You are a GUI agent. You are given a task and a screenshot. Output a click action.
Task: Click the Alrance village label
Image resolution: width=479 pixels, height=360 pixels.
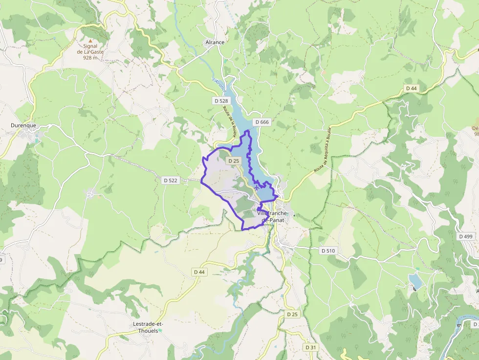tap(215, 42)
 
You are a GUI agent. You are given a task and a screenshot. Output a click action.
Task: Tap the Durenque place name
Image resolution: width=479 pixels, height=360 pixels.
tap(23, 126)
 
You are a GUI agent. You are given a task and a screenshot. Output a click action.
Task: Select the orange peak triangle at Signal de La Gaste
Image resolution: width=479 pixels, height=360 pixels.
tap(89, 41)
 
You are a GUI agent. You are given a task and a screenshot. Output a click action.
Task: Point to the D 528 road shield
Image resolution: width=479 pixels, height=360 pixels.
tap(221, 101)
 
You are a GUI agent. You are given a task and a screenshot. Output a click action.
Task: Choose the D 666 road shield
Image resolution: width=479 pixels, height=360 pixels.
tap(261, 122)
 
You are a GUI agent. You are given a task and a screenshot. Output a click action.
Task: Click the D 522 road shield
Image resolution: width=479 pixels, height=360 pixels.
tap(171, 180)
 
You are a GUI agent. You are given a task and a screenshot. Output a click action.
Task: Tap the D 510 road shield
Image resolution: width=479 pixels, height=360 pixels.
tap(328, 251)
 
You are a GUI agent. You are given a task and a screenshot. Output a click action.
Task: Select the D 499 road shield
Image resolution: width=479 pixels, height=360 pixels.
tap(466, 236)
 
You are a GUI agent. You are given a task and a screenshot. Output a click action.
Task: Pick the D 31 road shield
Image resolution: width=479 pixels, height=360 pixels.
tap(310, 347)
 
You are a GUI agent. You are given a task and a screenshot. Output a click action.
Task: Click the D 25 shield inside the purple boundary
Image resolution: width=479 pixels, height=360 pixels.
tap(233, 161)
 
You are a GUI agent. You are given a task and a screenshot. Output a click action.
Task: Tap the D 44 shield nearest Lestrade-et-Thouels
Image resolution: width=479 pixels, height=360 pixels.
tap(199, 272)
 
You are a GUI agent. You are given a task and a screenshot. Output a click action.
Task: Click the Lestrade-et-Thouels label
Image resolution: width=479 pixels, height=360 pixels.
tap(148, 327)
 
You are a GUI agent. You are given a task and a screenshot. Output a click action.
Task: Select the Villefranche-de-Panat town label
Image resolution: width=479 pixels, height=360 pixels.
tap(273, 217)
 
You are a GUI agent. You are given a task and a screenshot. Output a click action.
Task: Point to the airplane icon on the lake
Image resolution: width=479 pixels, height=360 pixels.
tap(257, 187)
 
